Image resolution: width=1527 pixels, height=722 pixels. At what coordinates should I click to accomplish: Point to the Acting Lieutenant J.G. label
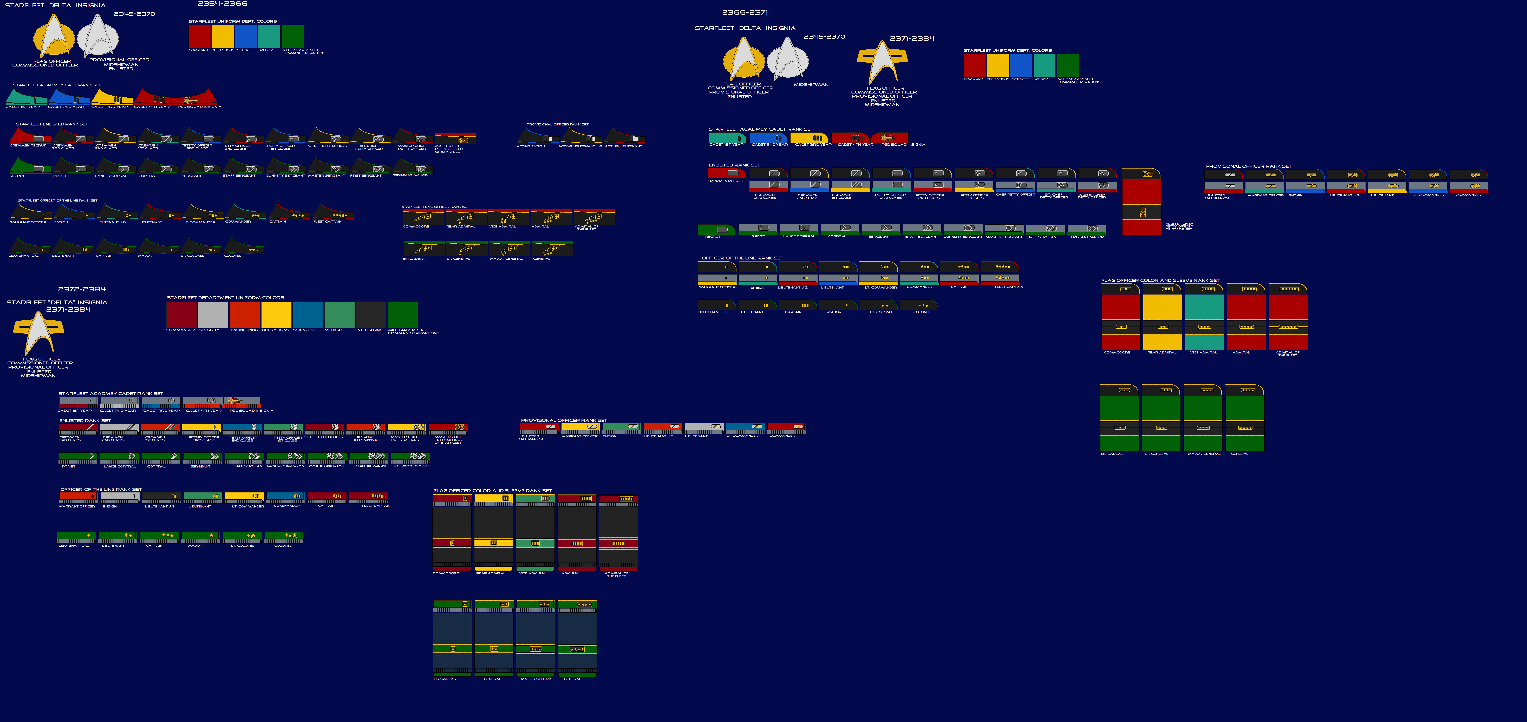tap(580, 146)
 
